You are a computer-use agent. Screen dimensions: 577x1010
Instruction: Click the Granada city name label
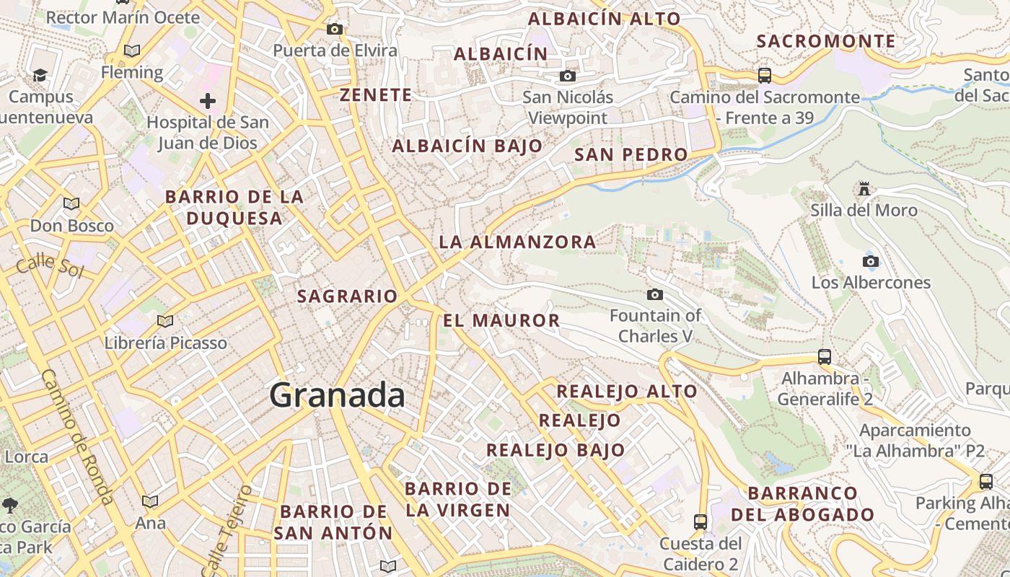click(x=338, y=396)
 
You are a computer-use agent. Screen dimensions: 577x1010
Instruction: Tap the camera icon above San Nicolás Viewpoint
click(x=568, y=76)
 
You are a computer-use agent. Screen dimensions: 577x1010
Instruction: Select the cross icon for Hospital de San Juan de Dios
click(x=208, y=101)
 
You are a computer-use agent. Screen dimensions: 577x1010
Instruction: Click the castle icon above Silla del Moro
click(x=864, y=189)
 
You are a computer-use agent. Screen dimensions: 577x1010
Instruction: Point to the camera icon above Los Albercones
click(x=871, y=261)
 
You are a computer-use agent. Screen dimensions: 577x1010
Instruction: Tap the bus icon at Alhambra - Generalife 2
click(x=825, y=356)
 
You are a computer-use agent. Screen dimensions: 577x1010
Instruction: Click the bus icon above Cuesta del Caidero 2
click(x=700, y=521)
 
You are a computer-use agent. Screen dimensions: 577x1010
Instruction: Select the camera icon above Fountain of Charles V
click(x=655, y=294)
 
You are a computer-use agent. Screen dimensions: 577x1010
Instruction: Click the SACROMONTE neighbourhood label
click(x=826, y=42)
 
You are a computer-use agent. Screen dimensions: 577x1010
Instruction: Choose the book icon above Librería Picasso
click(x=165, y=321)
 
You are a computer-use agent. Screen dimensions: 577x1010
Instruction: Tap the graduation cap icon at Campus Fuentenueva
click(x=40, y=75)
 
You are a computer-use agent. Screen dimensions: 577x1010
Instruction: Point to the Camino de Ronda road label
click(x=77, y=437)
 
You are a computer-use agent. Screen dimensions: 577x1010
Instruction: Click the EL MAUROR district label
click(x=501, y=321)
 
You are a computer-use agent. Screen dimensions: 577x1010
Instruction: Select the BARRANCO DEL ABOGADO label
click(x=803, y=504)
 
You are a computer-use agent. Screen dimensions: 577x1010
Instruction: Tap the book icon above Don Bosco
click(x=71, y=203)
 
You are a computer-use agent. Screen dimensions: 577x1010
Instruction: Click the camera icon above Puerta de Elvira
click(x=334, y=30)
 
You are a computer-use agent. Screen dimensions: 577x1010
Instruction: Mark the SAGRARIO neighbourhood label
click(x=348, y=296)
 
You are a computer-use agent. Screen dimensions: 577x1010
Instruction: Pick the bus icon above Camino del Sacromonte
click(x=765, y=75)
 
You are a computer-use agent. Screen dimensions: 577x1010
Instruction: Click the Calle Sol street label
click(x=50, y=265)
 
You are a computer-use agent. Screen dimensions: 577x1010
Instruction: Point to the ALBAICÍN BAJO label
click(x=467, y=146)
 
